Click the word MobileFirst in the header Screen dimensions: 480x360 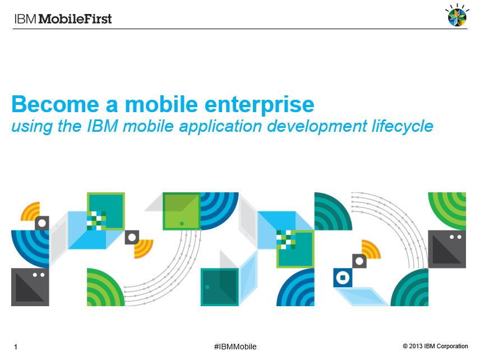[x=75, y=19]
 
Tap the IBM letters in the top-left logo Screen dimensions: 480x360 [x=25, y=19]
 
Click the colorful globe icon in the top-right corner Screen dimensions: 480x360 [x=457, y=15]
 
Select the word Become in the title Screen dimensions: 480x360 [x=55, y=104]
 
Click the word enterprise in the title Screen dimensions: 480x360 [x=259, y=105]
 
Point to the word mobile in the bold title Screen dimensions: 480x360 [x=161, y=104]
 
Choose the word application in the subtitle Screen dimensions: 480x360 [x=221, y=127]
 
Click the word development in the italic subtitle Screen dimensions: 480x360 [x=317, y=127]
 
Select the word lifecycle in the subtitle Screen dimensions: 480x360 [x=403, y=127]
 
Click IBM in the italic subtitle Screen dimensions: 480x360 [x=102, y=126]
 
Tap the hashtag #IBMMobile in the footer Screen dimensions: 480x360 [x=235, y=347]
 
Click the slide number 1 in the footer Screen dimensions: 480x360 [x=16, y=347]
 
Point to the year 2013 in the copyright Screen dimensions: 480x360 [x=416, y=346]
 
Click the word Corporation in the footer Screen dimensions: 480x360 [x=452, y=346]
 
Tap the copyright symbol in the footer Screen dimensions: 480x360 [x=405, y=346]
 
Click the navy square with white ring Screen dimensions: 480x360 [x=343, y=278]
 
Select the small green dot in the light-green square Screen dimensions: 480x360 [x=182, y=224]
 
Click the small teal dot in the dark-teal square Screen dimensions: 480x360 [x=207, y=287]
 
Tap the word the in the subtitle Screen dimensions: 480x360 [x=70, y=126]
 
